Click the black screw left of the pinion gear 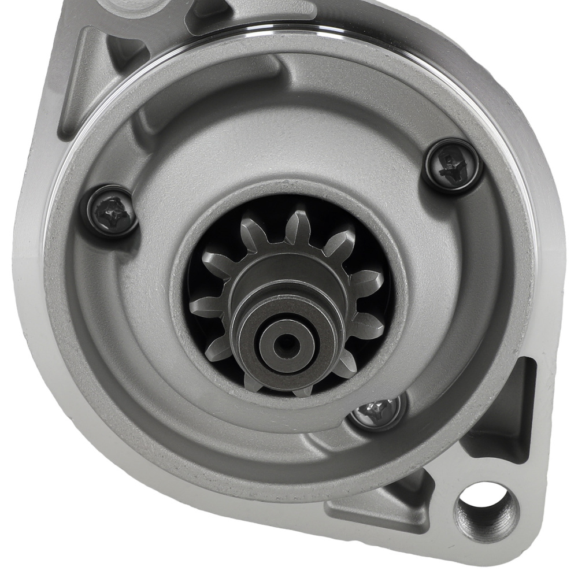(109, 211)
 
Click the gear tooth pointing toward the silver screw (347, 364)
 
